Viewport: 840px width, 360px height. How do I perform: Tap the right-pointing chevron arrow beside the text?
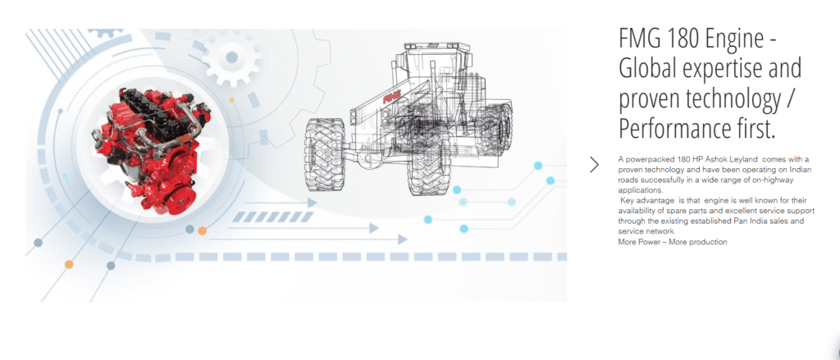[x=594, y=165]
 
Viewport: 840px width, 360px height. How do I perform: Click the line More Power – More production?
[x=673, y=242]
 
